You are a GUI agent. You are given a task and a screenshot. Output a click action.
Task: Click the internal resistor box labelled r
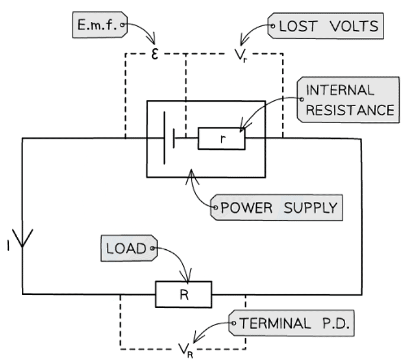(221, 139)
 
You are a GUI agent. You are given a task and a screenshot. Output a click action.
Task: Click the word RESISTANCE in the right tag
(349, 110)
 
